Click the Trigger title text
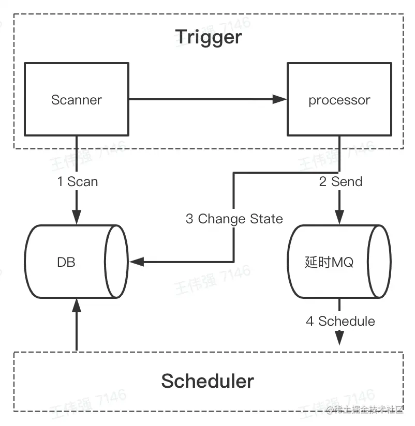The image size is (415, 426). coord(208,37)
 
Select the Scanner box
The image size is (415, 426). coord(77,100)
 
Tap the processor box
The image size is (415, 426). coord(339,100)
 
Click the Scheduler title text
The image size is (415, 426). coord(207,381)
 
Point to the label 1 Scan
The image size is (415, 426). coord(77,181)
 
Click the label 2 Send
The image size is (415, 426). coord(340,181)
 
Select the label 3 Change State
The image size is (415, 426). coord(234,219)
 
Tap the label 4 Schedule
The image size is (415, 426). coord(340,321)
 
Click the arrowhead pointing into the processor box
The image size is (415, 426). coord(281,100)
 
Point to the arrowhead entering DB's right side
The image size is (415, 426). coord(137,262)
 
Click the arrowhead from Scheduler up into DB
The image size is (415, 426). coord(77,305)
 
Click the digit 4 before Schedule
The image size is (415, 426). coord(309,321)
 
